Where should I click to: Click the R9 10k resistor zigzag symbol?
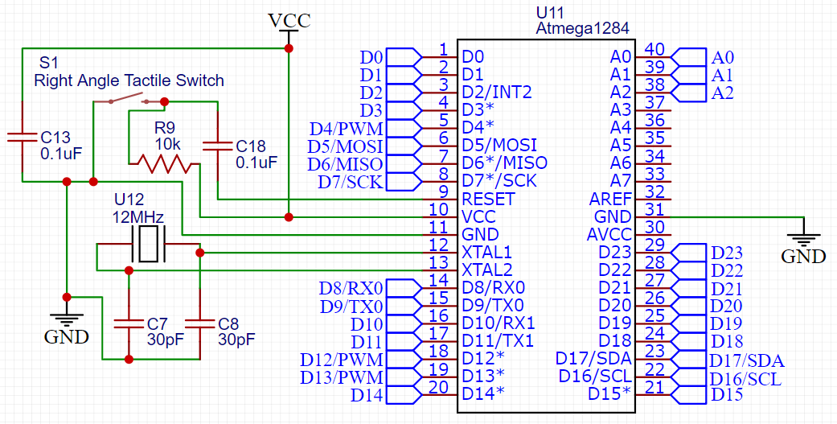pos(164,165)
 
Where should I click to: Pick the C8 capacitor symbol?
pos(199,324)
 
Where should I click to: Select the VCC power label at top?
pos(289,21)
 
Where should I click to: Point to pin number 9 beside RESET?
pos(443,191)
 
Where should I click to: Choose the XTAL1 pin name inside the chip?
pos(487,252)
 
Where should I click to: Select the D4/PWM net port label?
pos(346,128)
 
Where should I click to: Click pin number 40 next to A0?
pos(655,49)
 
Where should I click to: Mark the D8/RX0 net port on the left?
pos(351,287)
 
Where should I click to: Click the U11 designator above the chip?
pos(551,13)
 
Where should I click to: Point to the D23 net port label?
pos(727,252)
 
